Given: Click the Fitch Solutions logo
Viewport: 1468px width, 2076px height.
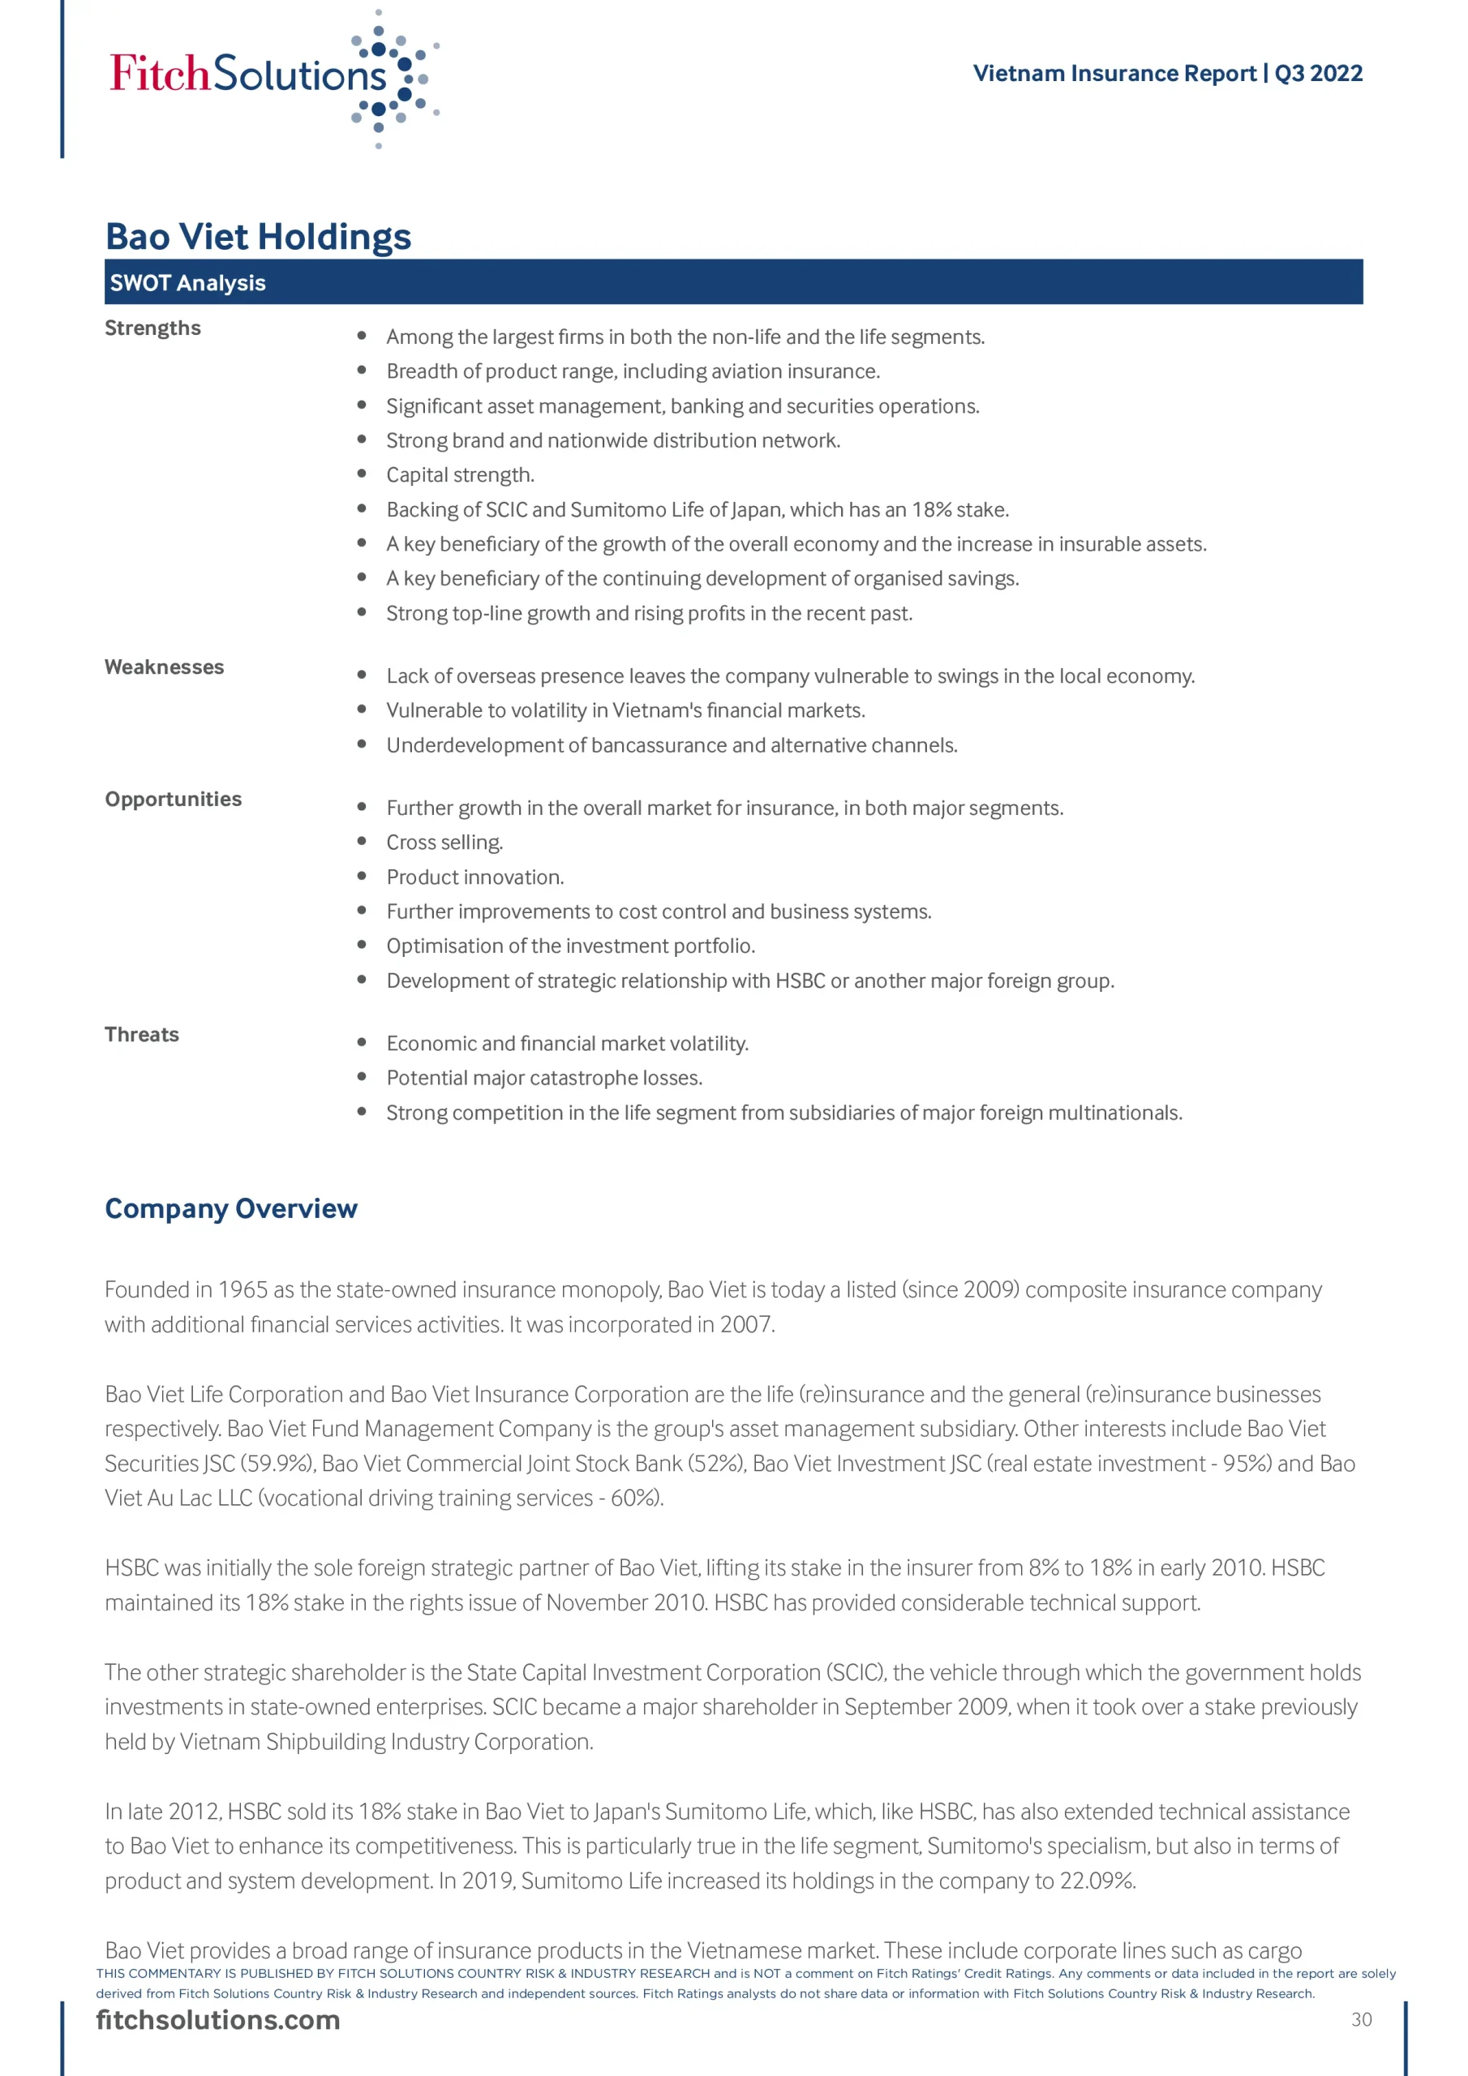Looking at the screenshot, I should tap(272, 77).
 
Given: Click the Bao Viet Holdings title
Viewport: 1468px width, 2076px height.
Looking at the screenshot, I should tap(258, 237).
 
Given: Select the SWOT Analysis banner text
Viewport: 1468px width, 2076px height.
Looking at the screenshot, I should tap(187, 283).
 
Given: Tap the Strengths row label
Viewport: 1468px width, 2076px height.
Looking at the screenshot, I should tap(152, 328).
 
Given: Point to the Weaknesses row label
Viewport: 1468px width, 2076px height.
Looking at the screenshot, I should tap(164, 667).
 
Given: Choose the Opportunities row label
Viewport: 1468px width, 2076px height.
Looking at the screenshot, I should tap(173, 800).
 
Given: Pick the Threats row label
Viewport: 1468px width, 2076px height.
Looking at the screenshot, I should tap(142, 1035).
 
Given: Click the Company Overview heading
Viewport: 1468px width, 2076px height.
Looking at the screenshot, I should tap(230, 1209).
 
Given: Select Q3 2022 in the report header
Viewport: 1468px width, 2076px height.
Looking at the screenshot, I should tap(1318, 73).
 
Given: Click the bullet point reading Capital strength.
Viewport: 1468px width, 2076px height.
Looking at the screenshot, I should tap(461, 475).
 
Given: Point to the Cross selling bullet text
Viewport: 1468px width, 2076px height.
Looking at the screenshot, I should tap(444, 843).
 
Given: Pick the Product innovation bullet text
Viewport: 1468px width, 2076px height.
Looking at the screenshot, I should tap(474, 877).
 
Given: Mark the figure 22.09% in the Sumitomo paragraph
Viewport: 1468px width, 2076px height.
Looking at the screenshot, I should tap(1097, 1881).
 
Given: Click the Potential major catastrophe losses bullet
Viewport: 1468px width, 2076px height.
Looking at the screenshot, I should tap(543, 1078).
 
